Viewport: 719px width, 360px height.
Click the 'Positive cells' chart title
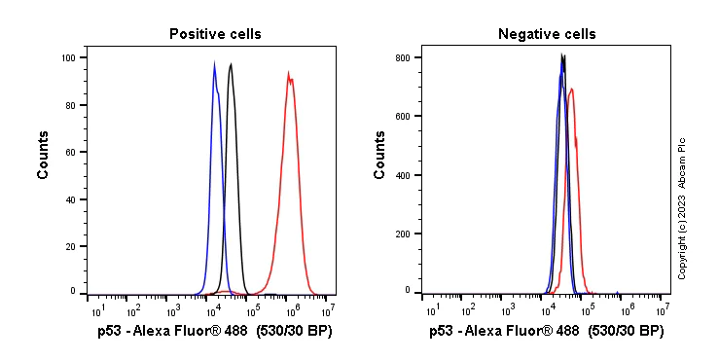[215, 34]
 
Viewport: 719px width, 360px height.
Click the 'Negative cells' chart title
[547, 34]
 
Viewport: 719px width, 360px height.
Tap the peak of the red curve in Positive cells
[288, 72]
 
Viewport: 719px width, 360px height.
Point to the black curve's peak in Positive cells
[231, 64]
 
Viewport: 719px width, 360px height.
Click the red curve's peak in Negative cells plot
[572, 89]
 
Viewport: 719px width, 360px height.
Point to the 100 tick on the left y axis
[68, 57]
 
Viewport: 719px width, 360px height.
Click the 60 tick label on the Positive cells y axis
[70, 152]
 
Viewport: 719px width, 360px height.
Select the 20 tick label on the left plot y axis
[70, 246]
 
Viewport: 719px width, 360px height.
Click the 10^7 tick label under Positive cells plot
[328, 310]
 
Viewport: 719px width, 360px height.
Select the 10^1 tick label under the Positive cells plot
[97, 310]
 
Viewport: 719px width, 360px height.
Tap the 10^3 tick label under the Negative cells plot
[507, 310]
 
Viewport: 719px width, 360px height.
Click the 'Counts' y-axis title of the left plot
[44, 157]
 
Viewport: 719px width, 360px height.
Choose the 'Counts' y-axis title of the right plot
[379, 157]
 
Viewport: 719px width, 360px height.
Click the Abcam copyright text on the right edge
[682, 208]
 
